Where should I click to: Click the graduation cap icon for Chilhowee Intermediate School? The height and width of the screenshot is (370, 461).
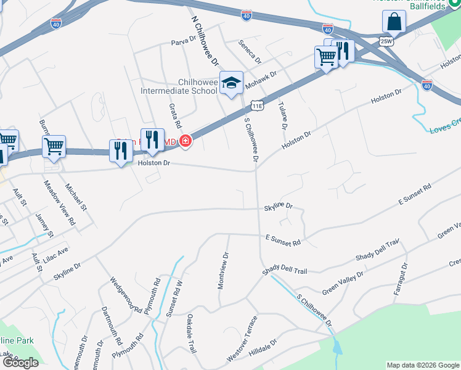[x=231, y=84]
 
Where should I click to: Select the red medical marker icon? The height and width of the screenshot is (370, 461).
[x=184, y=142]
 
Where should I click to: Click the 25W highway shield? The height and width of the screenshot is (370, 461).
[x=386, y=41]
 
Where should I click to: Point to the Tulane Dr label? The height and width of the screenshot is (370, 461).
[x=284, y=115]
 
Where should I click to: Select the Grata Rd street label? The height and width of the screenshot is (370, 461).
[x=174, y=116]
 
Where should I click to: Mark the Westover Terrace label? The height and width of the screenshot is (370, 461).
[x=241, y=338]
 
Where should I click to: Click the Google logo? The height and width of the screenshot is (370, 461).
[x=20, y=363]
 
